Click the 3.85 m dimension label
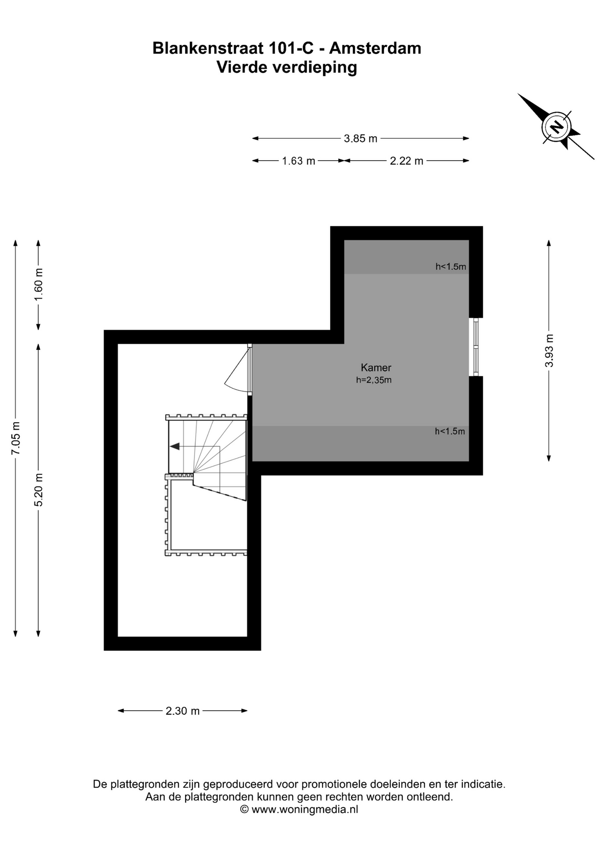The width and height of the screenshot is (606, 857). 361,139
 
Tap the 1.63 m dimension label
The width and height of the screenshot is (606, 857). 299,161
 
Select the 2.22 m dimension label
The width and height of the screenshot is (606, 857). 407,161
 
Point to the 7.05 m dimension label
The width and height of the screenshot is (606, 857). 16,438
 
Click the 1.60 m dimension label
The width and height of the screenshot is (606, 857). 39,285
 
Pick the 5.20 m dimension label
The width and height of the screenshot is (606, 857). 39,490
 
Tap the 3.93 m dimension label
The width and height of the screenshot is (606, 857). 549,350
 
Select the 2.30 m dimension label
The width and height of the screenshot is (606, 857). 183,711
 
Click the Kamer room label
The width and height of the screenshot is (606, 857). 376,368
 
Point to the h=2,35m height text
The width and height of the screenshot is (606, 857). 374,380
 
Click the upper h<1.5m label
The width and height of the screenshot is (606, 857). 451,267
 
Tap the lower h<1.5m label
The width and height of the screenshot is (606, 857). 450,432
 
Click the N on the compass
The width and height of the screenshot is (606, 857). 556,127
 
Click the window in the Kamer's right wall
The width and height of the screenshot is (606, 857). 476,347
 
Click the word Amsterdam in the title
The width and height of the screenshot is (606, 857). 375,48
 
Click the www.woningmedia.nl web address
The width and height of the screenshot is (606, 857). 305,809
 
